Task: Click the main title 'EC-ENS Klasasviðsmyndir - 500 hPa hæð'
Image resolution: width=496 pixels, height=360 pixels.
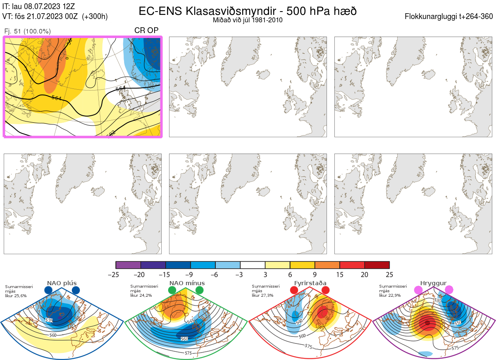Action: coord(248,11)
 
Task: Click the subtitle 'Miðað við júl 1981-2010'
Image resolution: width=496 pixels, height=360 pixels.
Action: coord(248,20)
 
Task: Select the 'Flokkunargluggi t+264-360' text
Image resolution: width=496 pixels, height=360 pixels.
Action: coord(450,17)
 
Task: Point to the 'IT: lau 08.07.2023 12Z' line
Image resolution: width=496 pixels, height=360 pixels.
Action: coord(39,6)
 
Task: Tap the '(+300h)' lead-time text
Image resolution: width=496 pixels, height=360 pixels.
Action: coord(95,17)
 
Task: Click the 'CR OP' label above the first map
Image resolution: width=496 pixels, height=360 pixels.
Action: coord(146,31)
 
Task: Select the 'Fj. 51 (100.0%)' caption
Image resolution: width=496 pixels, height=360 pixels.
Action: coord(27,31)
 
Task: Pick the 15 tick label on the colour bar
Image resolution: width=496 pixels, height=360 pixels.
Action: coord(340,274)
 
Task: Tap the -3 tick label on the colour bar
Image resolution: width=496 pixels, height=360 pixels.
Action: coord(240,274)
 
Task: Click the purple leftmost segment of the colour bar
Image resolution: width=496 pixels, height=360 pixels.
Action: coord(128,265)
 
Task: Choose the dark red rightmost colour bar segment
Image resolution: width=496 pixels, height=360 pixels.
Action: coord(377,265)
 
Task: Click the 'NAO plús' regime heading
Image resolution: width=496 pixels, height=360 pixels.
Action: coord(62,283)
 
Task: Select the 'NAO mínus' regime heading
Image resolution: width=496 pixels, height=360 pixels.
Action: coord(187,283)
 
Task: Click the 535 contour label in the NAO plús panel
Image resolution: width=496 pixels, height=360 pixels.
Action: coord(49,320)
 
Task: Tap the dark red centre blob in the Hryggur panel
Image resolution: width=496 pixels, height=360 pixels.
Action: coord(428,322)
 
